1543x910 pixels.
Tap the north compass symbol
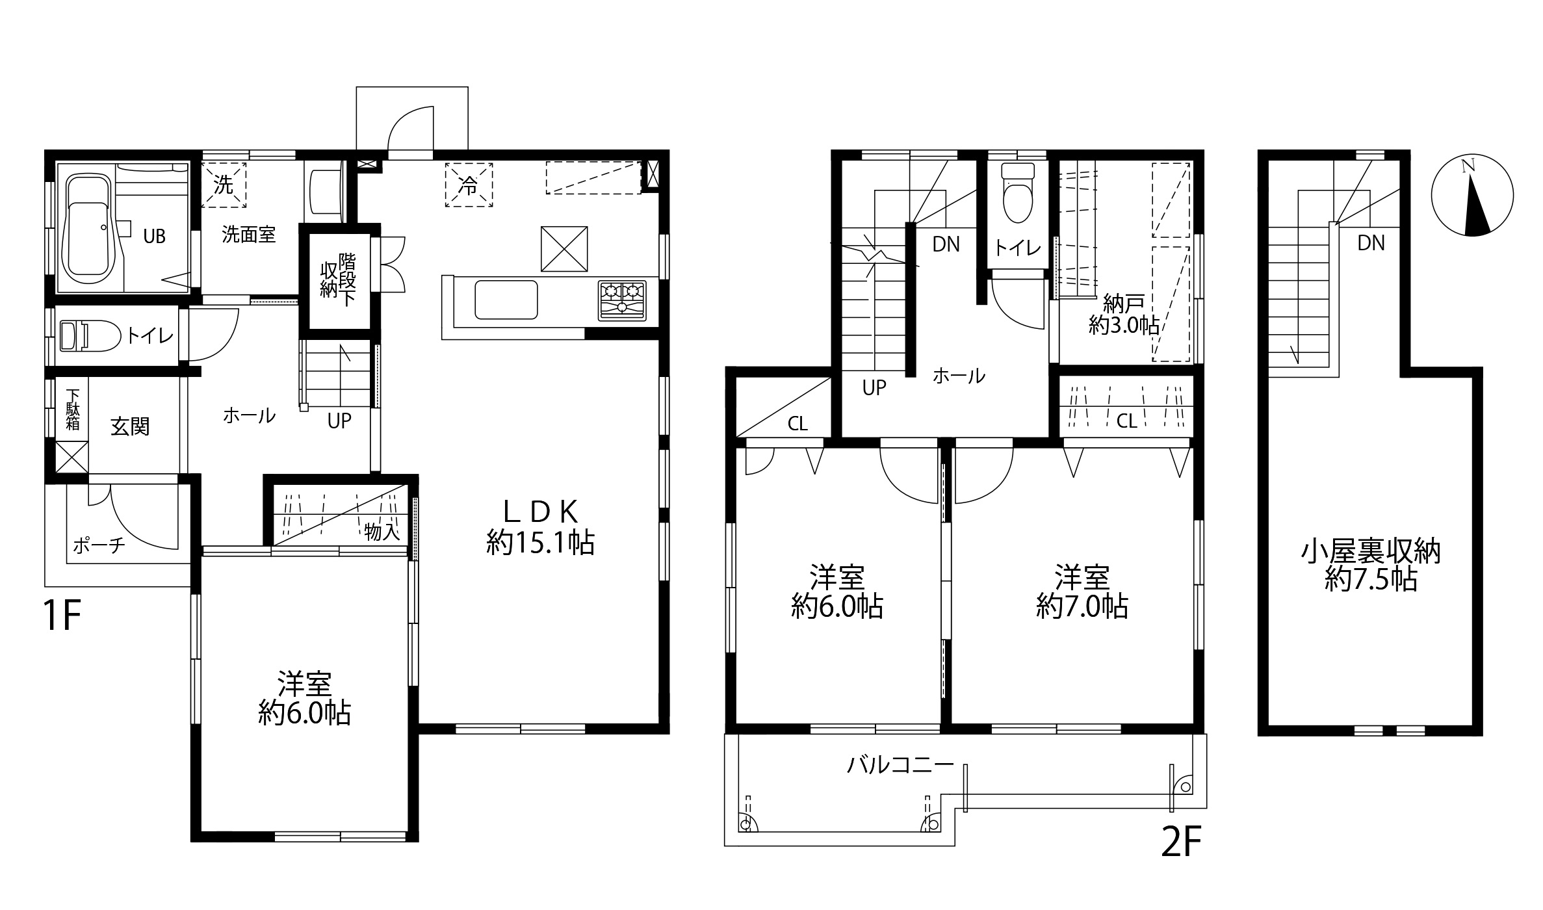click(1472, 196)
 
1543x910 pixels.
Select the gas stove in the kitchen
click(622, 300)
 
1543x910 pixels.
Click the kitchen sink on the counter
click(506, 299)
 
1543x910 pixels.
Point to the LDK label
click(541, 512)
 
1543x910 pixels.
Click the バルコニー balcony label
click(900, 764)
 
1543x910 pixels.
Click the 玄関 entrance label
click(130, 426)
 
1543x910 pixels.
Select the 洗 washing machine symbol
click(224, 185)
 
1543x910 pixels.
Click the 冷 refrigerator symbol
click(469, 185)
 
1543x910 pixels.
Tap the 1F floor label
click(61, 616)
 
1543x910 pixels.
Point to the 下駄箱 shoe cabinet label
click(73, 409)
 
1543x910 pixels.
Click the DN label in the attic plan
click(1371, 243)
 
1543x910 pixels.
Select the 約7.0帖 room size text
click(1082, 607)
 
